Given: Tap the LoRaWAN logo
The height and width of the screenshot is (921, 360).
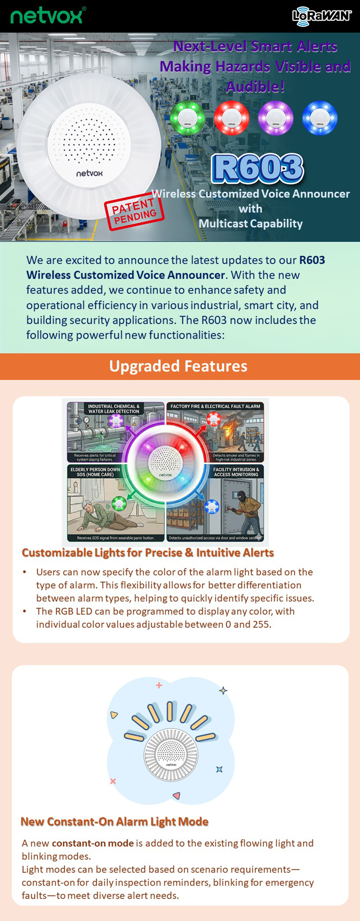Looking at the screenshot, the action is [322, 16].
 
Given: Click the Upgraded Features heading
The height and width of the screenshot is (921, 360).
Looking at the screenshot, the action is [178, 366].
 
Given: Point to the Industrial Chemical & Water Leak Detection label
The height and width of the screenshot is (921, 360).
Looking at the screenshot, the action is [114, 409].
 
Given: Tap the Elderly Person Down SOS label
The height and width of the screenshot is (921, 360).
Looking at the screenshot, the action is [95, 472].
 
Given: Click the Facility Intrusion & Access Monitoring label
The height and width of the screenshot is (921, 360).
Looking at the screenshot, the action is [236, 472].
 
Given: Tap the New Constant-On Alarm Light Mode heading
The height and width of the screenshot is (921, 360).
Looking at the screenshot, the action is [114, 822].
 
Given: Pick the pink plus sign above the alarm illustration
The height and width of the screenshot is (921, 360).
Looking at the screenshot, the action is [159, 685].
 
